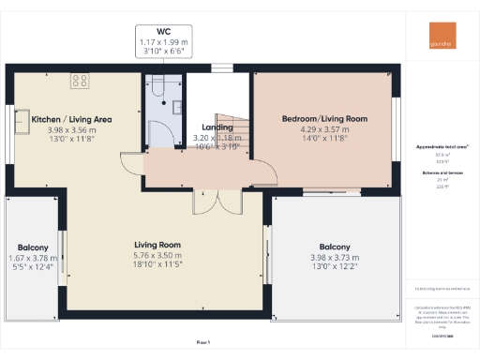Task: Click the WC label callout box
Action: click(x=164, y=41)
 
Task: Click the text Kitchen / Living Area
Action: click(x=72, y=120)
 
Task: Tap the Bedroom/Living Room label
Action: click(x=323, y=119)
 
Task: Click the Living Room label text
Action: click(x=157, y=245)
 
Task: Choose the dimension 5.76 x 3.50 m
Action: click(x=157, y=254)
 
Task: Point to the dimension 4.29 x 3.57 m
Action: click(x=323, y=129)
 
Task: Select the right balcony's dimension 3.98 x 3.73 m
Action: click(x=335, y=257)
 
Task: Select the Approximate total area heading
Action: click(x=442, y=147)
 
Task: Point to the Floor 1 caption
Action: click(x=203, y=342)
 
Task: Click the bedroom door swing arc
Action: click(x=266, y=169)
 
